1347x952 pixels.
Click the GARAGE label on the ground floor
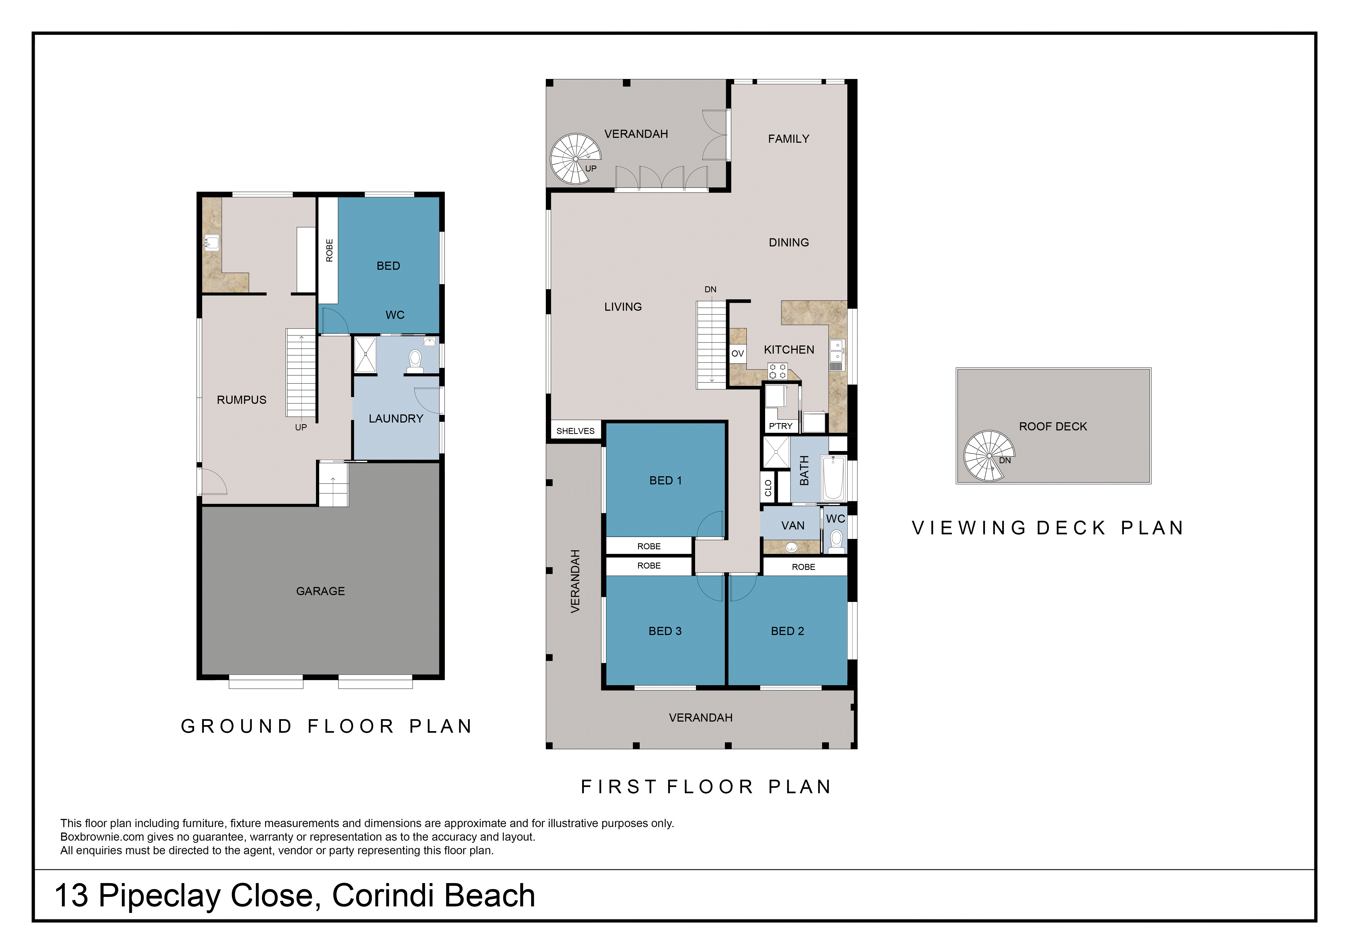coord(320,591)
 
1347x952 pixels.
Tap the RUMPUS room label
coord(242,400)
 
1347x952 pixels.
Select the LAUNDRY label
coord(396,419)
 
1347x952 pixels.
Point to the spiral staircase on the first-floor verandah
coord(576,158)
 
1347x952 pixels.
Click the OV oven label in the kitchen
coord(737,354)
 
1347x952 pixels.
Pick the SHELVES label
coord(576,431)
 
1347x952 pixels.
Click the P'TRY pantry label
coord(781,426)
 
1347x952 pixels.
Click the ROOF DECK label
coord(1053,426)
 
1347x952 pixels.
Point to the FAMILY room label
coord(788,139)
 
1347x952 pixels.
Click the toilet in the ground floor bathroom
coord(415,361)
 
